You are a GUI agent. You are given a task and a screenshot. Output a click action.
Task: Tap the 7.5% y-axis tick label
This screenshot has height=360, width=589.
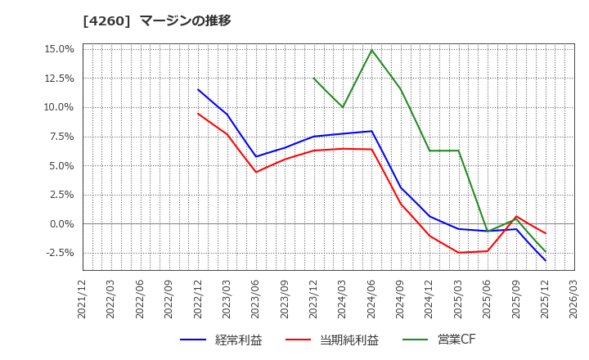point(61,137)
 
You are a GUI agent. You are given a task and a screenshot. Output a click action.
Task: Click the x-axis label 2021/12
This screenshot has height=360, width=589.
point(83,299)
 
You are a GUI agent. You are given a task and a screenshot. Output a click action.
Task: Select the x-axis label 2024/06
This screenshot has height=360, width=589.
point(371,299)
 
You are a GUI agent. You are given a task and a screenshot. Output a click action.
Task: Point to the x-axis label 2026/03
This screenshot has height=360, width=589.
point(573,299)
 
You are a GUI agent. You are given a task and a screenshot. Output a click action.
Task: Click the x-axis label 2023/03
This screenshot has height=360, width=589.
point(227,299)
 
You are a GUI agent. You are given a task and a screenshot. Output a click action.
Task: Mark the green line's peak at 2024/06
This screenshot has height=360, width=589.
point(371,50)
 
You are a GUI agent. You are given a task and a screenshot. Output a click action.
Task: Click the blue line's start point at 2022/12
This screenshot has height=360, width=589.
point(198,90)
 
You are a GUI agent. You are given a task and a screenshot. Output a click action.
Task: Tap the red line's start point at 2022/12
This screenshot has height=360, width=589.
point(198,114)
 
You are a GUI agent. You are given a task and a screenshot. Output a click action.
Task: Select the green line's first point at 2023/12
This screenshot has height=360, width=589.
point(313,79)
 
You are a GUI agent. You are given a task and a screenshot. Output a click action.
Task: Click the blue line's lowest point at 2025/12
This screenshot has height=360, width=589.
point(545,260)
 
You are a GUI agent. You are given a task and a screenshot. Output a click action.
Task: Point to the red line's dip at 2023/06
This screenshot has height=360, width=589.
point(256,172)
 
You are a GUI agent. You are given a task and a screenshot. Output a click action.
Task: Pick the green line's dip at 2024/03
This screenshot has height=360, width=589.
point(343,107)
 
